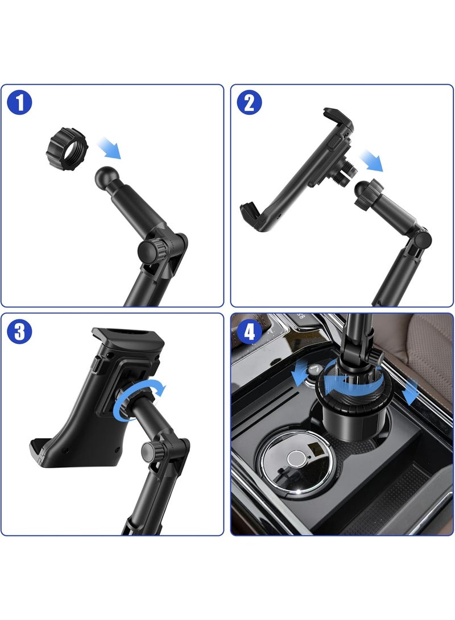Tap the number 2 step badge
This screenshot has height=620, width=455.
(x=249, y=103)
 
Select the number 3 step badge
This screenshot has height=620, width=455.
(x=20, y=331)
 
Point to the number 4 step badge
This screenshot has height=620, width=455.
(x=249, y=331)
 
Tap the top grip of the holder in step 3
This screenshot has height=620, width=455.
(x=127, y=339)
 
